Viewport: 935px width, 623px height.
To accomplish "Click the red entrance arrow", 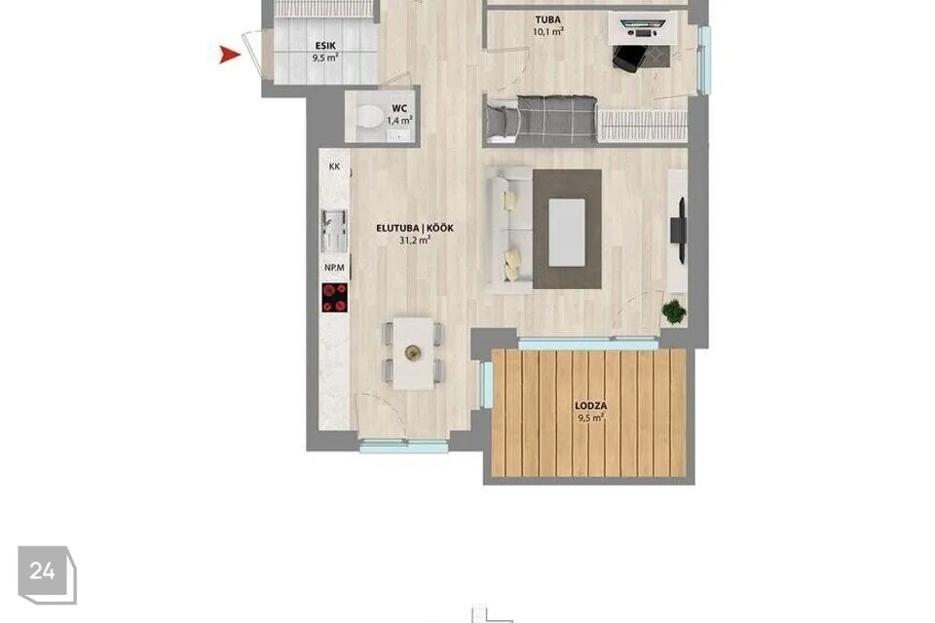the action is pos(229,55).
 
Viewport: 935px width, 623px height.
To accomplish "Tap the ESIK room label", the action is pos(325,46).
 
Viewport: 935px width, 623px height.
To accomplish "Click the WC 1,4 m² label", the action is pos(399,115).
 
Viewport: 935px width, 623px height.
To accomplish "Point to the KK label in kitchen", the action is pos(334,166).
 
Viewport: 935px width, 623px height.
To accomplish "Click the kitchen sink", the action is pos(334,230).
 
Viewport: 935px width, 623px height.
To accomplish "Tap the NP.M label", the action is pos(334,268).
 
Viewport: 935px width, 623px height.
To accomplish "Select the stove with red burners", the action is pos(334,298).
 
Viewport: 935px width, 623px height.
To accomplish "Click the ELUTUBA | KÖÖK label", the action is pos(415,229).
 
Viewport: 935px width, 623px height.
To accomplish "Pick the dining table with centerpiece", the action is pos(413,353).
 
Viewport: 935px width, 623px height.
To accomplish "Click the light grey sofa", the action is pos(508,230).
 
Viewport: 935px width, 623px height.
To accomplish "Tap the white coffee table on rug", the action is pos(567,233).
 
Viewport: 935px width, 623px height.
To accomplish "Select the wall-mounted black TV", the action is pos(679,231).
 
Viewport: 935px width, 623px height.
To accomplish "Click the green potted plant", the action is pos(674,311).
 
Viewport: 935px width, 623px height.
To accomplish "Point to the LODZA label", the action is pos(591,406).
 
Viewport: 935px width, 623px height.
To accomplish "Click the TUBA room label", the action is pos(547,20).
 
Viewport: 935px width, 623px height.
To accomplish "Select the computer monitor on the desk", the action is pos(643,24).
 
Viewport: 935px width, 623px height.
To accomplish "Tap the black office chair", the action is pos(628,58).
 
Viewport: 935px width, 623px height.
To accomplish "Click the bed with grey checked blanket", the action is pos(541,121).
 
